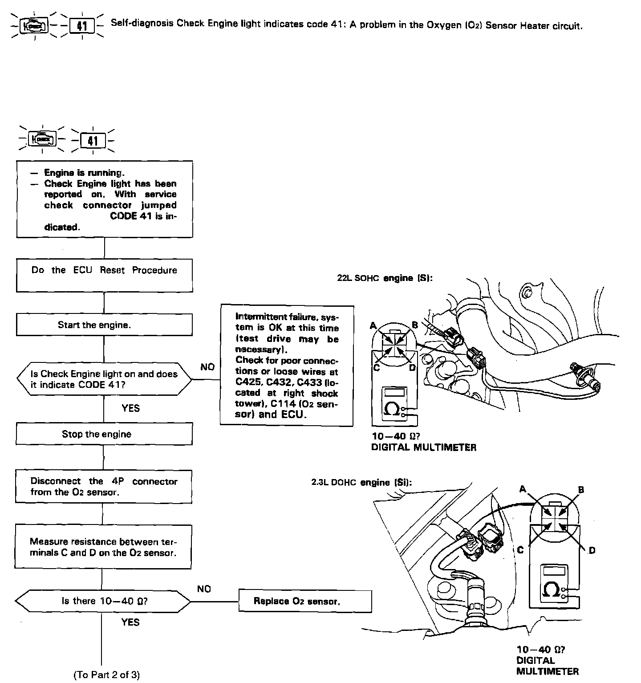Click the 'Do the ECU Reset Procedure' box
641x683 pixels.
[x=104, y=275]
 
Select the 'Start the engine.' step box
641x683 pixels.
[x=104, y=325]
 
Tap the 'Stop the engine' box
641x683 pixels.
[x=104, y=434]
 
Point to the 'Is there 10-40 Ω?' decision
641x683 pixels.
[x=103, y=601]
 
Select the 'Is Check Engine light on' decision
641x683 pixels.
[x=104, y=379]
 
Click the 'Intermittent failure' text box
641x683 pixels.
[x=287, y=365]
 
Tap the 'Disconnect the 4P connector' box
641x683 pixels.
[x=104, y=487]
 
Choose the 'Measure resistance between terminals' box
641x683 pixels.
[x=103, y=547]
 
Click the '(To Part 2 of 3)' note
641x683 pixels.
[x=106, y=675]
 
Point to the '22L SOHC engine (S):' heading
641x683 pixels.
[x=385, y=278]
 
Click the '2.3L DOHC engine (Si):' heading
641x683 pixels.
[x=361, y=482]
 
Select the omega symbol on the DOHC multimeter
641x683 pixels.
[x=552, y=590]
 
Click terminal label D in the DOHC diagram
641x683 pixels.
[x=592, y=551]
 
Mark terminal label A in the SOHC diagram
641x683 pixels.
[x=373, y=325]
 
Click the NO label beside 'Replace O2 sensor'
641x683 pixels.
[x=204, y=589]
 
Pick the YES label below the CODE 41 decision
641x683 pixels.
[x=130, y=408]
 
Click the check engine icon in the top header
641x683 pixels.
[x=35, y=26]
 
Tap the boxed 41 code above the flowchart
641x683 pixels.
[x=93, y=141]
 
